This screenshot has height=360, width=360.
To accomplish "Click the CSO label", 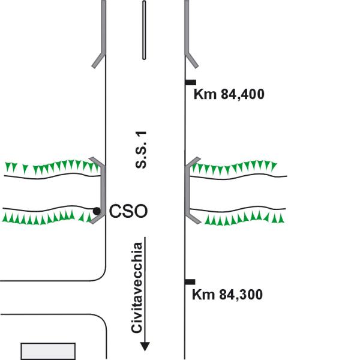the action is point(128,211).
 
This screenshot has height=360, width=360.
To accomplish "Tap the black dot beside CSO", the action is point(97,211).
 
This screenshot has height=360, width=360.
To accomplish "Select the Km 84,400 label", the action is point(229,94).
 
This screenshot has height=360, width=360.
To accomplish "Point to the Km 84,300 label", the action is point(227,295).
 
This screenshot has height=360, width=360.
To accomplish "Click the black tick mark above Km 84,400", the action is point(191,82).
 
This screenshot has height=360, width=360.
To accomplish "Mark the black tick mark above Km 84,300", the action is point(190,282).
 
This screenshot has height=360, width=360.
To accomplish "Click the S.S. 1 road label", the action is point(141,149).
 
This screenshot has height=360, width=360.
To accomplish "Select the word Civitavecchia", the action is point(137,287).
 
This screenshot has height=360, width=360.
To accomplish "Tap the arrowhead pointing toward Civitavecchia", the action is point(145,346).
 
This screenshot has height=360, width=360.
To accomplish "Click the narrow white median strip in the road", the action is point(144,30).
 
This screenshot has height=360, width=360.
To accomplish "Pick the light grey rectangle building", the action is point(48,351).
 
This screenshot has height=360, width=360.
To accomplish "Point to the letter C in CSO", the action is point(115,211).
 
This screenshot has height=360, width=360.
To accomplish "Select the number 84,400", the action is point(242,94).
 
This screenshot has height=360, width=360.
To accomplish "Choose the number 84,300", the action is point(241,295).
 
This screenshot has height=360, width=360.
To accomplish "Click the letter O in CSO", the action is point(140,211).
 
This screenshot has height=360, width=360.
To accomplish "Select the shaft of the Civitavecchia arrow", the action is point(145,290).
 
